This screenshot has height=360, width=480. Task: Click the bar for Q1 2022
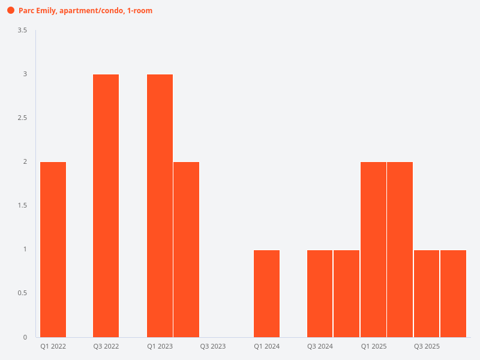[x=53, y=249]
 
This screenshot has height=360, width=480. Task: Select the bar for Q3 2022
[x=106, y=205]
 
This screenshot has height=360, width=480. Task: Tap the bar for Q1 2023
[x=160, y=205]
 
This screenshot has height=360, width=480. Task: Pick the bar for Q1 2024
[x=266, y=293]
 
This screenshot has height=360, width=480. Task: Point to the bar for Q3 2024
[x=320, y=293]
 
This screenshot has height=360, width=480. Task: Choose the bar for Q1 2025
[x=373, y=249]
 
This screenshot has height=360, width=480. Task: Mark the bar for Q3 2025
[x=427, y=293]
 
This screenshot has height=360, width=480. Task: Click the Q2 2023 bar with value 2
[x=186, y=249]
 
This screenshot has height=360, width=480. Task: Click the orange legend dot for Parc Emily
[x=11, y=10]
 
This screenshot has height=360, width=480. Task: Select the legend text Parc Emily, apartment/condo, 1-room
[x=85, y=10]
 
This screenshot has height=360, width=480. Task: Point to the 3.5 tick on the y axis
[x=22, y=30]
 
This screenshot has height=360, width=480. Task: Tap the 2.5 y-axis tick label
[x=22, y=118]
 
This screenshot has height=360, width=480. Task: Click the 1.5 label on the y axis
[x=22, y=205]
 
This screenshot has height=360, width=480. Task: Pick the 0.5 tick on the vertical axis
[x=22, y=293]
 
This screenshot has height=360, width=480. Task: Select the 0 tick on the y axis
[x=25, y=337]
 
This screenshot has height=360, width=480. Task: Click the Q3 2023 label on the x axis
[x=213, y=347]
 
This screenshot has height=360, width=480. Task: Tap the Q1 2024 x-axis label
[x=266, y=347]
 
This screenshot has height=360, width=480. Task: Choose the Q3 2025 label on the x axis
[x=427, y=347]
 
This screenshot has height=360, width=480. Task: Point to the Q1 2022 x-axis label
[x=53, y=347]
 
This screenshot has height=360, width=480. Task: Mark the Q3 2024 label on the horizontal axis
[x=320, y=347]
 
